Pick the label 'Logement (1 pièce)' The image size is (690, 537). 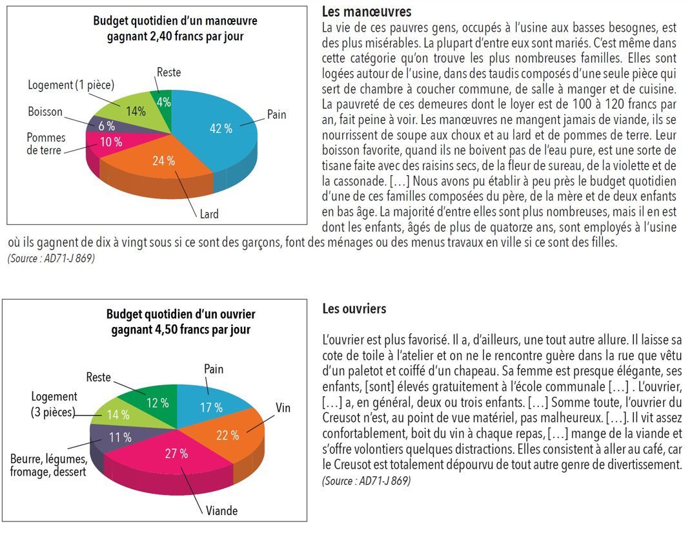71,85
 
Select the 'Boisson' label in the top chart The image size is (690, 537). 45,112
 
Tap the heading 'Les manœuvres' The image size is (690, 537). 366,12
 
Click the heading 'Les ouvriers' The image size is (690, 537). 354,309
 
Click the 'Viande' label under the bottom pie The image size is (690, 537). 221,511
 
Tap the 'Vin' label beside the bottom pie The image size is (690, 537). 283,408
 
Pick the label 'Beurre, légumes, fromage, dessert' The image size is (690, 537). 48,465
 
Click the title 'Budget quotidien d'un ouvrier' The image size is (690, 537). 181,315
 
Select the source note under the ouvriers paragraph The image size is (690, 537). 366,481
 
